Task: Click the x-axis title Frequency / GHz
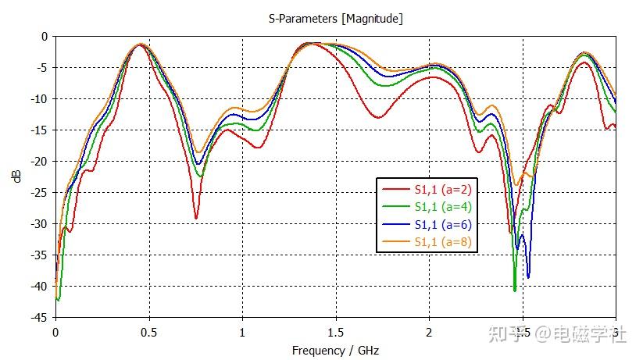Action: (x=335, y=351)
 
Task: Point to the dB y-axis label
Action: (x=17, y=176)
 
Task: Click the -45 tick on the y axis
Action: (x=39, y=317)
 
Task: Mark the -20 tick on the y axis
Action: (x=39, y=161)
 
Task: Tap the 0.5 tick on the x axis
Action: (x=148, y=331)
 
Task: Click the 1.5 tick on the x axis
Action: (x=335, y=331)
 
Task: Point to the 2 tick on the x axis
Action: (x=429, y=331)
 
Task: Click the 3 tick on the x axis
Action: (x=616, y=331)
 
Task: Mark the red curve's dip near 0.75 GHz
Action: (x=196, y=218)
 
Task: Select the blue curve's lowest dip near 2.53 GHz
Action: (x=528, y=277)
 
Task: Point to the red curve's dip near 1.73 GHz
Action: (x=378, y=117)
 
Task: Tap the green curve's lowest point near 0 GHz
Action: (x=58, y=300)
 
